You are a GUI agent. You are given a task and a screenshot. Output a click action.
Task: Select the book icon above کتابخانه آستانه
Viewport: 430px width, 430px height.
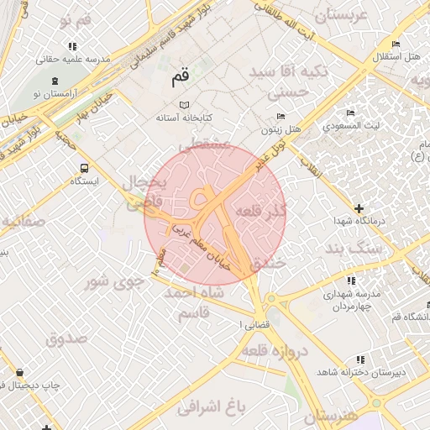pos(184,105)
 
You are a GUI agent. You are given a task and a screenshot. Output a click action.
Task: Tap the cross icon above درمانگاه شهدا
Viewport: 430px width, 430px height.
pos(359,207)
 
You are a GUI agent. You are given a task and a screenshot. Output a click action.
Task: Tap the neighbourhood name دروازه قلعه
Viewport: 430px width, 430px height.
pos(275,352)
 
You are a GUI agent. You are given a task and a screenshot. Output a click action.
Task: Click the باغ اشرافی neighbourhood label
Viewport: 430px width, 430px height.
pos(210,408)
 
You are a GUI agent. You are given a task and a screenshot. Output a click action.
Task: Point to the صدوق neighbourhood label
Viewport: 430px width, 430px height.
pos(67,340)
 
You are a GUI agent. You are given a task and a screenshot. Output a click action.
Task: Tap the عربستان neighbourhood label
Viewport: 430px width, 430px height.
pos(341,15)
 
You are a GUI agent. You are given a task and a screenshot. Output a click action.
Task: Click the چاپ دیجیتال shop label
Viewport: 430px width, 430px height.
pos(30,385)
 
